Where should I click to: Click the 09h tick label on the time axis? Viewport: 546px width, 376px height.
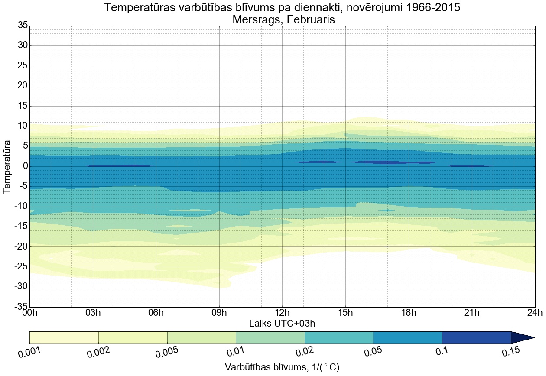click(219, 313)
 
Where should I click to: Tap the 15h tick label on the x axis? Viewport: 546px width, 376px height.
click(345, 313)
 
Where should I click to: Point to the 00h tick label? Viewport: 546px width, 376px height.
click(29, 313)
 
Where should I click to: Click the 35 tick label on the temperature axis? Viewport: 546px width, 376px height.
click(23, 26)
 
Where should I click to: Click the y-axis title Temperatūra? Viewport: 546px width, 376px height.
click(7, 166)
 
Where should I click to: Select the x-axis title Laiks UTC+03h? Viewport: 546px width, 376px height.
click(282, 324)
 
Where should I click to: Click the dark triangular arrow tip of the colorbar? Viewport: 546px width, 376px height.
click(522, 337)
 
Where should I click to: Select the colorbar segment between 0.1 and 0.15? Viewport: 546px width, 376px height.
click(476, 337)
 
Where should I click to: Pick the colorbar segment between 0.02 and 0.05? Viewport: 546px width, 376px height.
click(339, 337)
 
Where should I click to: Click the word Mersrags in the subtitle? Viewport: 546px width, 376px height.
click(256, 19)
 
